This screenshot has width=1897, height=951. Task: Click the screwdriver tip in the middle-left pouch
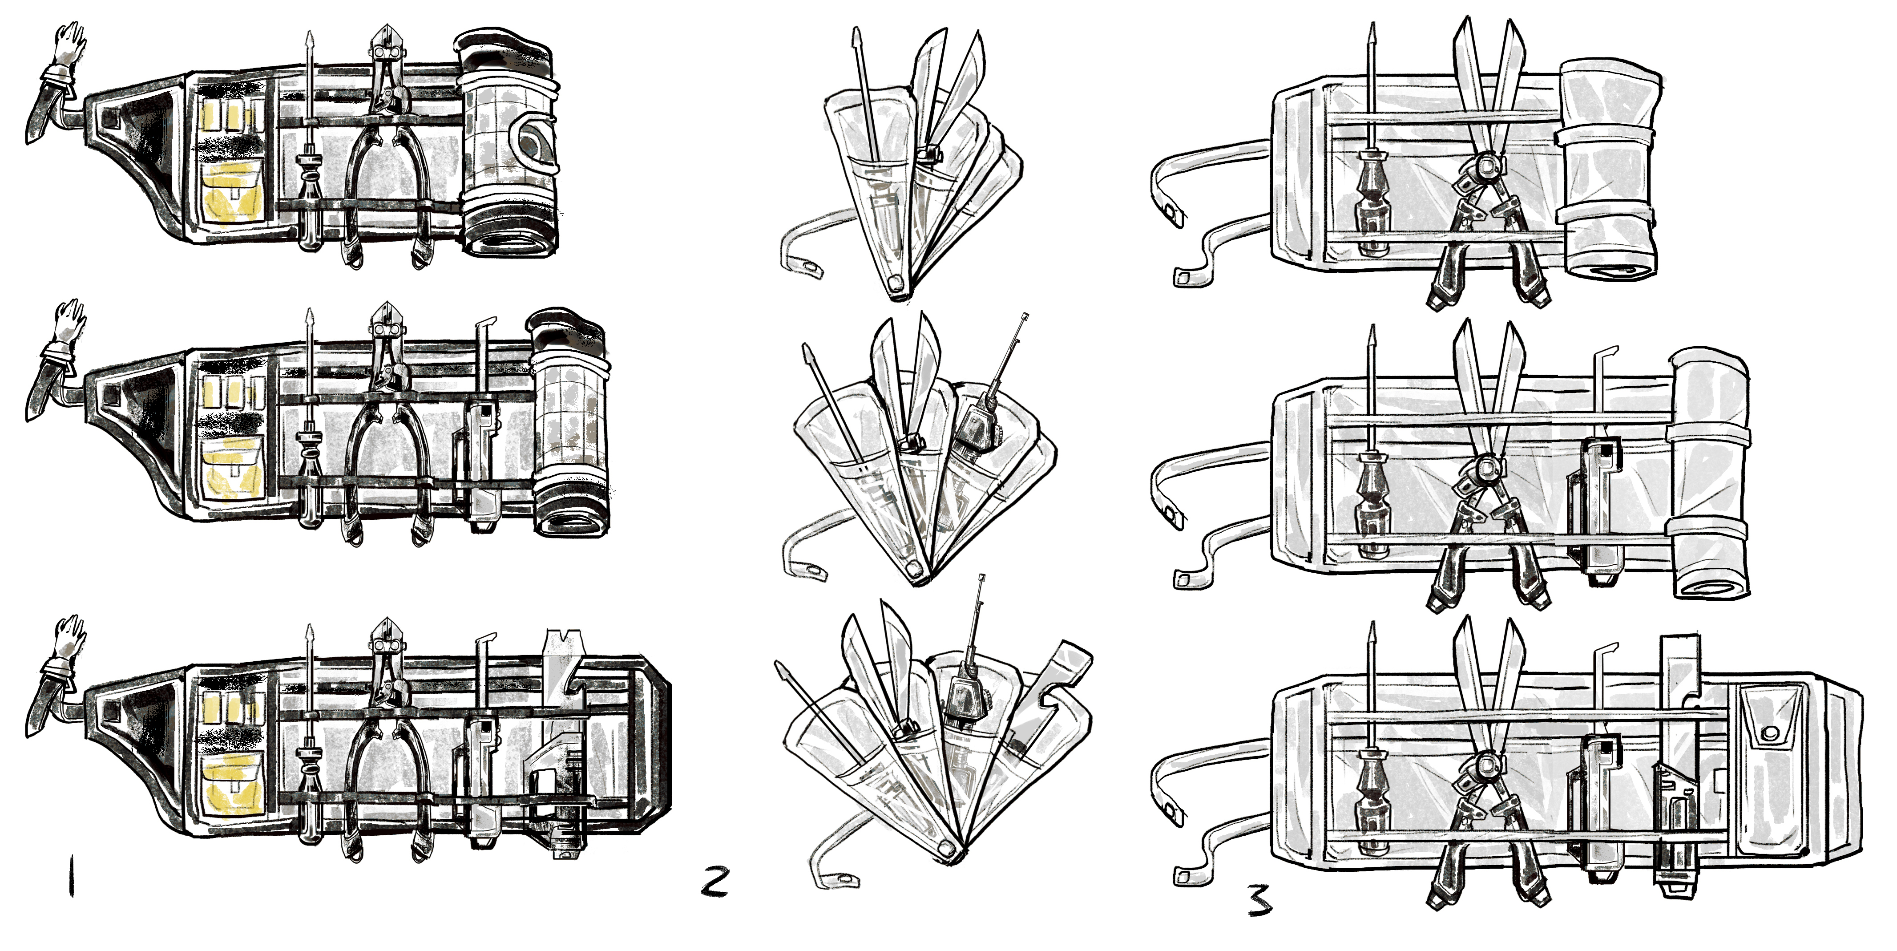tap(309, 324)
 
